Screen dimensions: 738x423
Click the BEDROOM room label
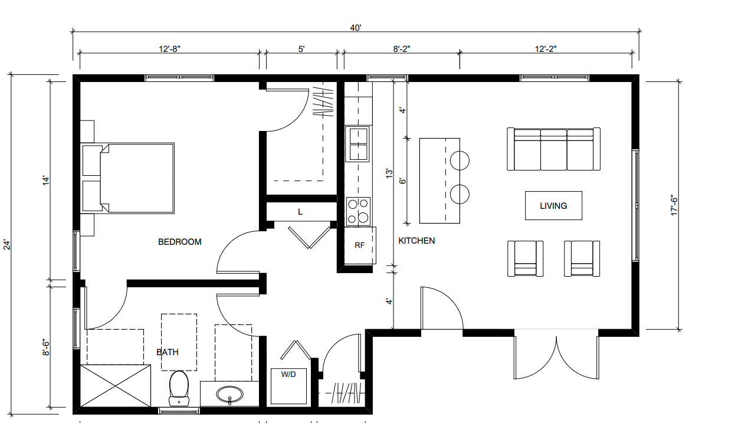tap(179, 242)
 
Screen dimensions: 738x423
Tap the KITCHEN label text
tap(416, 241)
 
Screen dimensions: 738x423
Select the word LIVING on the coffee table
tap(553, 206)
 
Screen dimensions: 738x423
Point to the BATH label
tap(168, 352)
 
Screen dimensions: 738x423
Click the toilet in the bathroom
tap(179, 388)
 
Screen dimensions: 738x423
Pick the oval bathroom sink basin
tap(229, 394)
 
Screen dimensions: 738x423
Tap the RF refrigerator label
tap(359, 245)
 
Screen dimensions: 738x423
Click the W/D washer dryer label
tap(288, 374)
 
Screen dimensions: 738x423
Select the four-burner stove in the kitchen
tap(358, 211)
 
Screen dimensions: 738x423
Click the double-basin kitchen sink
tap(359, 145)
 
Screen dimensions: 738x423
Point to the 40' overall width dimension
tap(356, 28)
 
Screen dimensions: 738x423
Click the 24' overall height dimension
tap(7, 245)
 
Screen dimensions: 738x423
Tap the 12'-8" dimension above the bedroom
tap(170, 49)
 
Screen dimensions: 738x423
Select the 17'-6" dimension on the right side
tap(674, 206)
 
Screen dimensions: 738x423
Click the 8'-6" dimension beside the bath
tap(46, 348)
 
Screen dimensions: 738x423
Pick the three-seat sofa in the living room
tap(553, 149)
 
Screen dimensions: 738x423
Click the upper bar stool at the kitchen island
tap(460, 161)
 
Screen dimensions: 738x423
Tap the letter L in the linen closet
tap(300, 212)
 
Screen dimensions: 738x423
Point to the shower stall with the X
tap(116, 386)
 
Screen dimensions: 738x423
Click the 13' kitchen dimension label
tap(389, 174)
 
